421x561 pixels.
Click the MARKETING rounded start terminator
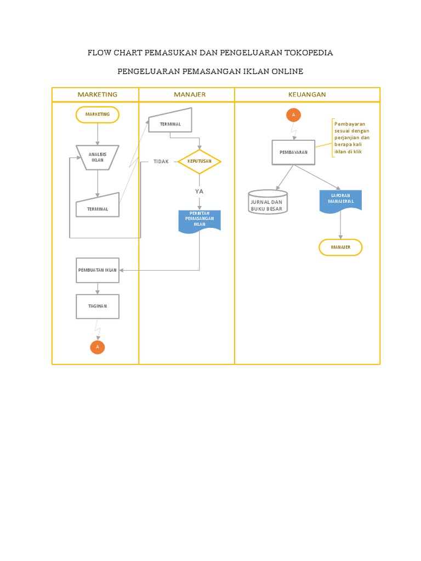[x=98, y=115]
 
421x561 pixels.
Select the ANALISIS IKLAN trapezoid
[x=98, y=157]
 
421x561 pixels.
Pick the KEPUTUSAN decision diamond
[x=200, y=162]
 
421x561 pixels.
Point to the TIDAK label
[x=161, y=162]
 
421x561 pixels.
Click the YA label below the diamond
[x=200, y=191]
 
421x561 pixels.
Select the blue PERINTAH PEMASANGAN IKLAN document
[x=200, y=220]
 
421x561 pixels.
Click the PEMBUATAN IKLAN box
[x=98, y=270]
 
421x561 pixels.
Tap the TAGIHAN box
[x=98, y=306]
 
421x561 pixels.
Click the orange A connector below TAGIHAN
[x=98, y=347]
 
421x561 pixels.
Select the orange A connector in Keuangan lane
[x=293, y=115]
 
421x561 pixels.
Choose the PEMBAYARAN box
[x=294, y=152]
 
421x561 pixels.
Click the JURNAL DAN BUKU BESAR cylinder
[x=268, y=203]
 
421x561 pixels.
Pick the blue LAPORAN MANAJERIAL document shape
[x=340, y=200]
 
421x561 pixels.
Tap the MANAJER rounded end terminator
[x=340, y=248]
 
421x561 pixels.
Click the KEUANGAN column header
[x=307, y=94]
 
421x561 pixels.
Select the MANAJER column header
[x=190, y=94]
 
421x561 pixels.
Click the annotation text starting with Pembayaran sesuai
[x=352, y=138]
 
